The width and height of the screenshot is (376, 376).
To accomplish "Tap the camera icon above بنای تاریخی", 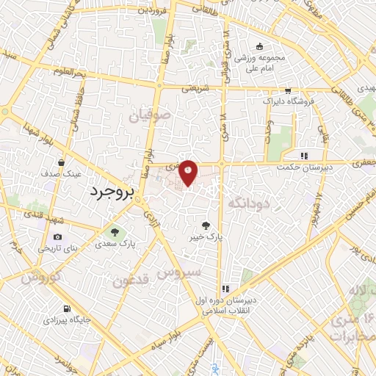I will click(57, 236).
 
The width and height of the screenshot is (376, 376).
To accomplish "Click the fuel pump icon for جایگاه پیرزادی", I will click(68, 308).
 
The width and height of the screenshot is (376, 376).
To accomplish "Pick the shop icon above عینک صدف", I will click(61, 162).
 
